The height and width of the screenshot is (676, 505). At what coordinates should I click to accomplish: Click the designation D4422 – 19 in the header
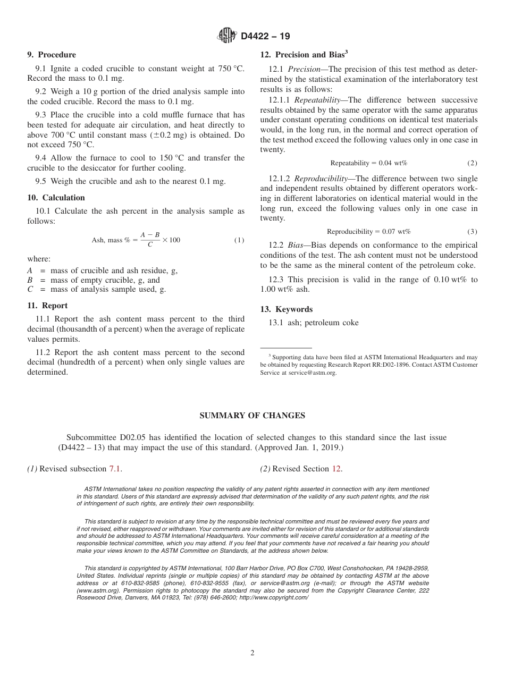click(265, 37)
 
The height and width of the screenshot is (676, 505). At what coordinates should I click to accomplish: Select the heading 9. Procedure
click(52, 55)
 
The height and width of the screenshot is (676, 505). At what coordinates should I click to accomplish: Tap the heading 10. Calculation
click(56, 198)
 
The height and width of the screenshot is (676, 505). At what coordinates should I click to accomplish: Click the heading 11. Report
click(47, 306)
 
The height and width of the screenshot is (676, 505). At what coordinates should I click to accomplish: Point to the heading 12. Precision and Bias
click(304, 54)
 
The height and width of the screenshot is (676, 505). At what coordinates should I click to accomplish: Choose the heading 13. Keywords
click(286, 309)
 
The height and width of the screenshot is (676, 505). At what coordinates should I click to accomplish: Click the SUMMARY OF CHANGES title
click(252, 416)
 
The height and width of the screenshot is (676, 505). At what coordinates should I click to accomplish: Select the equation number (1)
click(239, 240)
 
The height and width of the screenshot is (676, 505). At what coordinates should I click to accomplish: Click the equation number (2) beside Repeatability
click(472, 163)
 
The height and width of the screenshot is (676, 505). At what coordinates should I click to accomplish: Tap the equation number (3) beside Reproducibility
click(472, 232)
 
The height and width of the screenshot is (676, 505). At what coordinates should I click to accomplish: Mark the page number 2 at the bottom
click(252, 653)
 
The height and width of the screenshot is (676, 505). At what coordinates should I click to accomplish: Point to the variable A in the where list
click(30, 271)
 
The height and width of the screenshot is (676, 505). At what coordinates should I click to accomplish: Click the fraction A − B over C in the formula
click(150, 240)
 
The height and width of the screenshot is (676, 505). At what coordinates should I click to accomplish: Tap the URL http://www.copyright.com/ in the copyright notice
click(274, 597)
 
